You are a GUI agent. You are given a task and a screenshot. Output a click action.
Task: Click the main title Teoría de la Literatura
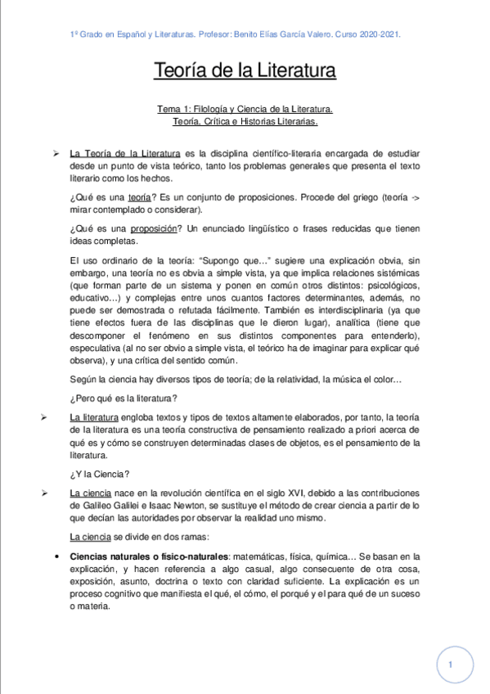(x=245, y=71)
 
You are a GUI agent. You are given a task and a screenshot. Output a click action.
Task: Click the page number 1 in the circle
(x=451, y=666)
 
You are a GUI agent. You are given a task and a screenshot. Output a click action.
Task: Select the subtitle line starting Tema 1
(x=245, y=109)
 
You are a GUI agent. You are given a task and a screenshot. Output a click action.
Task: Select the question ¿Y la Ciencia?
(x=97, y=472)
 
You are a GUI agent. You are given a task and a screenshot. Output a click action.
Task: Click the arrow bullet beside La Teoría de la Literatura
(x=56, y=153)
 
